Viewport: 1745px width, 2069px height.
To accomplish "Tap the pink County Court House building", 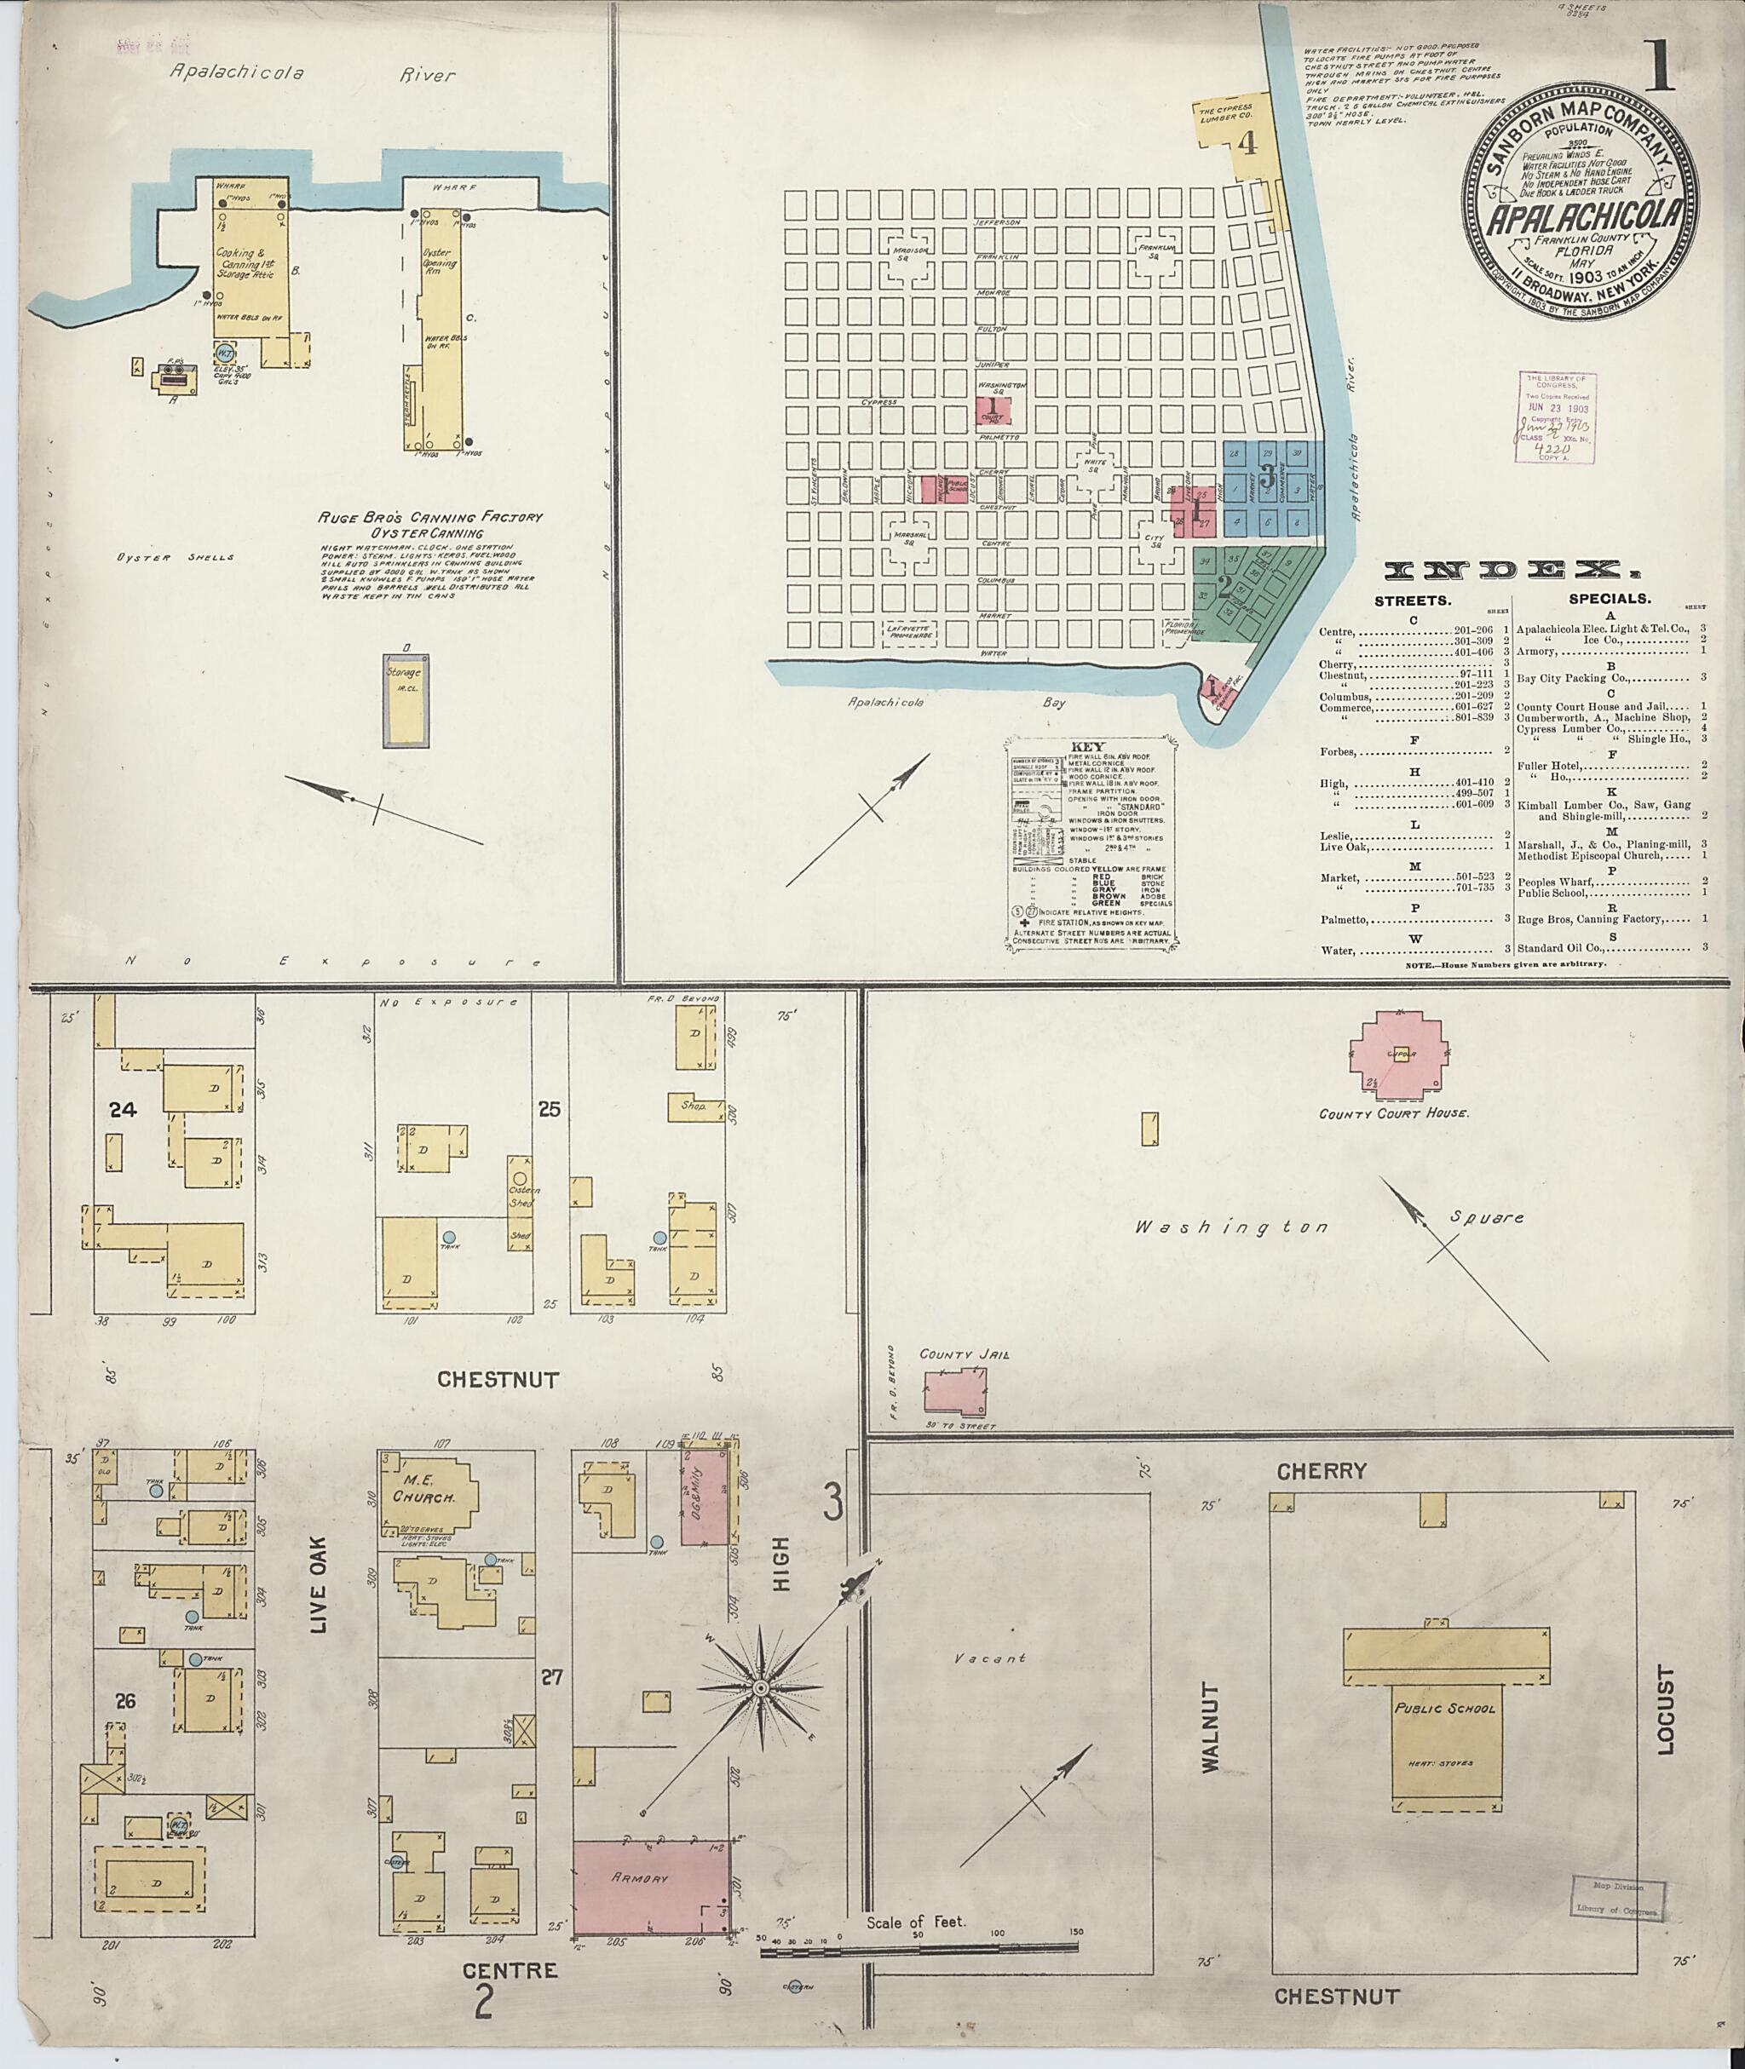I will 1397,1055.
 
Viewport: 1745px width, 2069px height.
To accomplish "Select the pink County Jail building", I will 954,1393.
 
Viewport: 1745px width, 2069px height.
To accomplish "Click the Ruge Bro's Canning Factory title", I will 430,517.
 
